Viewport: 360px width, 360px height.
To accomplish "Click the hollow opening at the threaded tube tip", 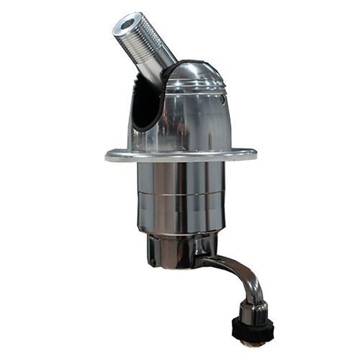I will (124, 23).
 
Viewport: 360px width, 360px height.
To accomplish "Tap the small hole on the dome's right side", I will (223, 96).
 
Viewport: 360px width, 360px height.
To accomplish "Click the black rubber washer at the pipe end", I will (254, 328).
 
